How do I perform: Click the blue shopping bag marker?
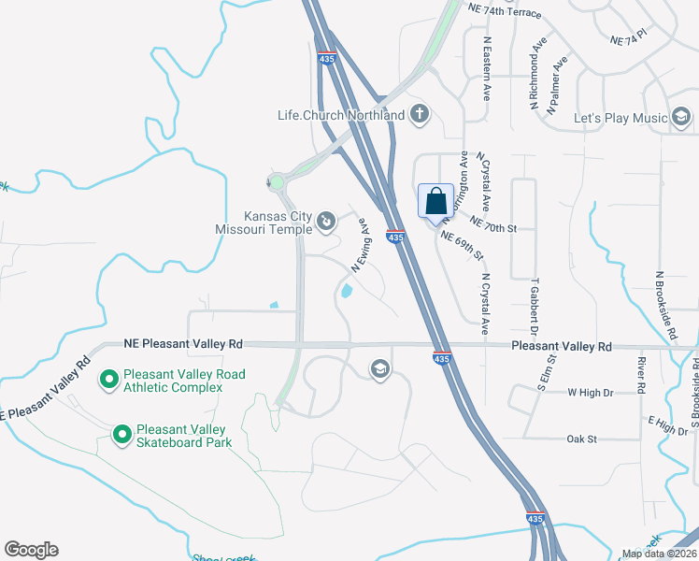[435, 201]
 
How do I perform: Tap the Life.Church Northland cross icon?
[420, 115]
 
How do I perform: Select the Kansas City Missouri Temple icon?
[325, 222]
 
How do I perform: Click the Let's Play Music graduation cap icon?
[681, 118]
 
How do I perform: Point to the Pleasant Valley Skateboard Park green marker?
[121, 434]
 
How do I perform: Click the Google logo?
[31, 550]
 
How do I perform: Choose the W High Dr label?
[588, 393]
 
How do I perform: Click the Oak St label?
[581, 438]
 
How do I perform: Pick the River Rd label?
[641, 374]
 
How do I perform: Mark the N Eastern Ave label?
[487, 70]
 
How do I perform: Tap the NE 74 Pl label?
[627, 41]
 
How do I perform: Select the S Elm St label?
[545, 371]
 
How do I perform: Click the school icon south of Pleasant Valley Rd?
[379, 368]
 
